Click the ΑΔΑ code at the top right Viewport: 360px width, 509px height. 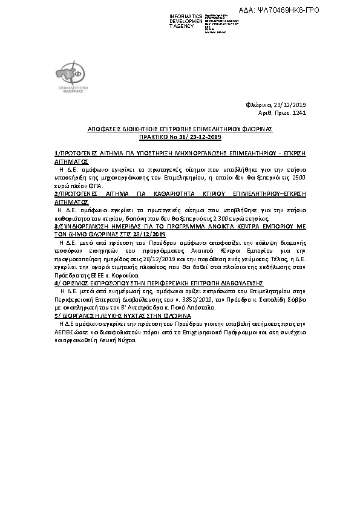tap(288, 10)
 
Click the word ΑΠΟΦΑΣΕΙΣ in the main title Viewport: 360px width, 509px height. tap(103, 130)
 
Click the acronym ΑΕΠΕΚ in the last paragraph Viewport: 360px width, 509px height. tap(62, 331)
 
